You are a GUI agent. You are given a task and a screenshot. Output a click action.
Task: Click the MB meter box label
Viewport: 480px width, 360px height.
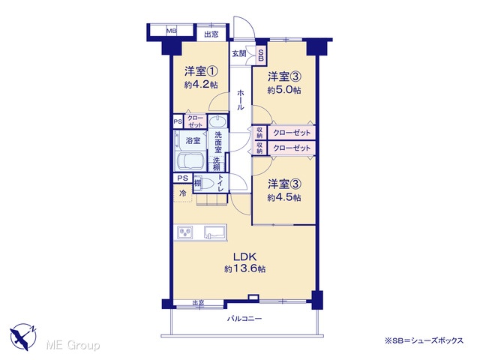(172, 31)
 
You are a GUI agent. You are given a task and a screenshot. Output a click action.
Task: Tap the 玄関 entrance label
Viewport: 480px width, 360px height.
(239, 53)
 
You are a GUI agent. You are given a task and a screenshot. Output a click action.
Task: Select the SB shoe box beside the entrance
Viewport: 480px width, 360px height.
(261, 55)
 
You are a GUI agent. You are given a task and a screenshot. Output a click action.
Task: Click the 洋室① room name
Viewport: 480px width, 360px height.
(201, 72)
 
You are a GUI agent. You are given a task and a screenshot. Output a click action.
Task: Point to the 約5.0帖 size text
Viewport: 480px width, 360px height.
(284, 90)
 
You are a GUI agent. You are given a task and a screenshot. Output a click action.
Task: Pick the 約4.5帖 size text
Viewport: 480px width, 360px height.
(284, 197)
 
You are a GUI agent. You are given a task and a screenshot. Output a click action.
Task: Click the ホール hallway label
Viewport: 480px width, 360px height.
(241, 100)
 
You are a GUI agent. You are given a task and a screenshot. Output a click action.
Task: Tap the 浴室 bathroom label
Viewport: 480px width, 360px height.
(193, 140)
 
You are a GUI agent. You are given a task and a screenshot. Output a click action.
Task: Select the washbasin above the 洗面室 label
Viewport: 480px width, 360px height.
(217, 121)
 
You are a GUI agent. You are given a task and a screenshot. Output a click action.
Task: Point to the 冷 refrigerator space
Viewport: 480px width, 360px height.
(183, 193)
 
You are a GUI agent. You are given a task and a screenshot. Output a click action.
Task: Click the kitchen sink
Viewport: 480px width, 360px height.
(215, 232)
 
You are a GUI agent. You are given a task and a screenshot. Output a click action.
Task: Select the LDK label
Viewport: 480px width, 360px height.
(244, 256)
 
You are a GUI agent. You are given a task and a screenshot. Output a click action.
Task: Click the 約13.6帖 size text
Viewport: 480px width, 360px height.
(244, 269)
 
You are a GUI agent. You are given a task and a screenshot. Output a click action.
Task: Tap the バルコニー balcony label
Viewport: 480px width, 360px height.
(244, 319)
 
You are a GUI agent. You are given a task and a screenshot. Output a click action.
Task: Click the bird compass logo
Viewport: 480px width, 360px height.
(23, 337)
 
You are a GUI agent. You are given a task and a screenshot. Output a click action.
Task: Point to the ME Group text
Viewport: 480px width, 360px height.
(73, 346)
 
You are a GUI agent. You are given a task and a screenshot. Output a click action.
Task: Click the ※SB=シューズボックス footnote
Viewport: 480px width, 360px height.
(424, 340)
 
